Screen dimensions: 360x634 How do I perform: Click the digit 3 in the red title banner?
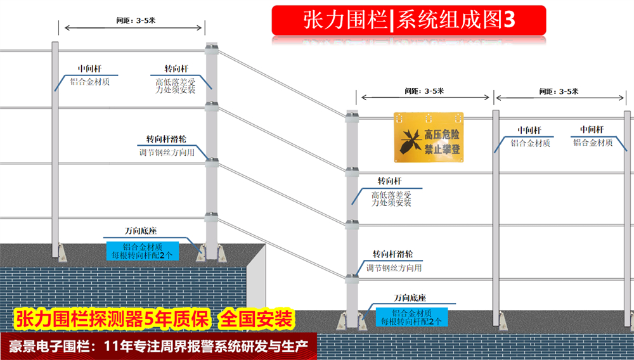(x=508, y=20)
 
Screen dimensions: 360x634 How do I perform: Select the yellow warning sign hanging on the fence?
(x=429, y=136)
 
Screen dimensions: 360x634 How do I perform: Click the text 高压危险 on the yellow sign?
(x=441, y=134)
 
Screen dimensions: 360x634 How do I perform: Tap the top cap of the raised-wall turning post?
(x=211, y=47)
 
